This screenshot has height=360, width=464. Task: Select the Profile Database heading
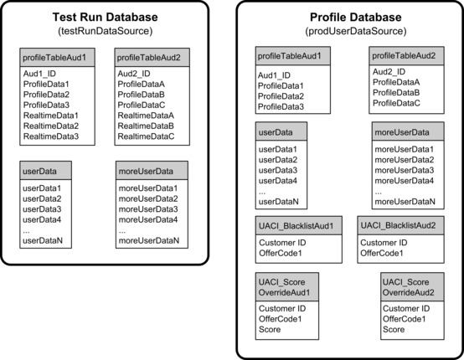coord(348,17)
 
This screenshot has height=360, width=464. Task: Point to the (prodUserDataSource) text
coord(348,31)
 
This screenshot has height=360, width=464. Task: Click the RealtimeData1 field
coord(51,115)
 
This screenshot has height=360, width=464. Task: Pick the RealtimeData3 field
coord(51,136)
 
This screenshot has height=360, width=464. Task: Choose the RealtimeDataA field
coord(146,115)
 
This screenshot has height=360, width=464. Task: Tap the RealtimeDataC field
coord(146,136)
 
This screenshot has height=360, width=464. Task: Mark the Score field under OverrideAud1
coord(271,330)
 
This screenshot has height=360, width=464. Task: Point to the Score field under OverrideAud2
coord(393,330)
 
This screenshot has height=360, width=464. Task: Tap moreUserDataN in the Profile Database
coord(404,201)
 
